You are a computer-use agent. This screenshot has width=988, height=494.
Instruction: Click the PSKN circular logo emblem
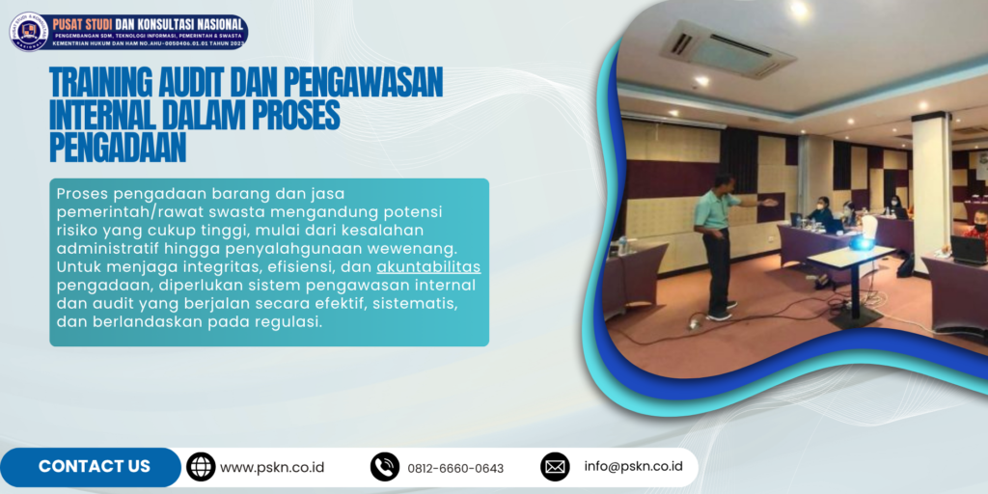[29, 31]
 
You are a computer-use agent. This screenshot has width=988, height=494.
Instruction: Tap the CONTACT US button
[94, 467]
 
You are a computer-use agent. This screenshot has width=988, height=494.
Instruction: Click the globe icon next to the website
[201, 467]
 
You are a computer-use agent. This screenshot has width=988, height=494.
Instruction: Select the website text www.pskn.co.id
[272, 467]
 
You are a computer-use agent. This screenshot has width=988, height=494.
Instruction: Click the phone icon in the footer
[385, 467]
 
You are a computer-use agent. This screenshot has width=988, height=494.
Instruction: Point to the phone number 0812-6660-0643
[455, 468]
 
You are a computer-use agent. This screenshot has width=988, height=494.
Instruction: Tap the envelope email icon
[555, 467]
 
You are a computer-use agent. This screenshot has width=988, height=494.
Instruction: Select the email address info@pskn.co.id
[633, 467]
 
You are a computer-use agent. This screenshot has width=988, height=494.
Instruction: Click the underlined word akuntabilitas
[428, 266]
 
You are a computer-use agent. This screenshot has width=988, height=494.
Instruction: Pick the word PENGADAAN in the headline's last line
[117, 148]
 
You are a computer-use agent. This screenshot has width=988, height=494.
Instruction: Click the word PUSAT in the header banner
[75, 19]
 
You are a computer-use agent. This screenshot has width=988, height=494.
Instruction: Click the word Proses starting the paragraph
[84, 193]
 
